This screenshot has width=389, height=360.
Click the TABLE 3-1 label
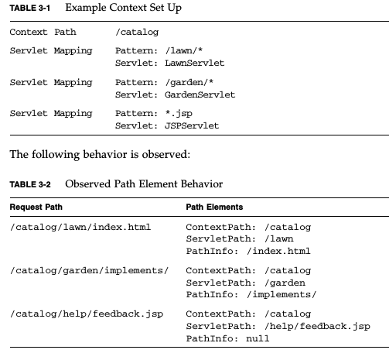coord(30,8)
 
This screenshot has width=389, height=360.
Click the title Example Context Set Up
coord(124,8)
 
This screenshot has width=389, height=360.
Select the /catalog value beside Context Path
coord(137,33)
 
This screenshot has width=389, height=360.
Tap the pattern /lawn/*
coord(184,50)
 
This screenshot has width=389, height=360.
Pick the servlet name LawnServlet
coord(195,63)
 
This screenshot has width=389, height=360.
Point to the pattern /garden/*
coord(189,82)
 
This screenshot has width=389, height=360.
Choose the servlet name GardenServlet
coord(200,94)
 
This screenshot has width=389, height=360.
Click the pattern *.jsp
coord(179,114)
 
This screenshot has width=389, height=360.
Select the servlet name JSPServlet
coord(192,125)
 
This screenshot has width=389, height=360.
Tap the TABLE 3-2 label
coord(30,184)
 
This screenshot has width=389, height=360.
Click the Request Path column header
coord(36,207)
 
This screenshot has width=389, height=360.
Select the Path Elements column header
coord(214,207)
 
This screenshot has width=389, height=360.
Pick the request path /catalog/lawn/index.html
coord(80,227)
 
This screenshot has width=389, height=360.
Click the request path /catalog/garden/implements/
coord(90,271)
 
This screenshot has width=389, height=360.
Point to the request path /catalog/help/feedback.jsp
coord(87,314)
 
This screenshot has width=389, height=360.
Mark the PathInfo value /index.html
coord(278,251)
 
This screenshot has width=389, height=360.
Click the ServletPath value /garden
coord(285,283)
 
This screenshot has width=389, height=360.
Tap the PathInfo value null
coord(258,338)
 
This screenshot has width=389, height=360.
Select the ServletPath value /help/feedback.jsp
coord(318,327)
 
